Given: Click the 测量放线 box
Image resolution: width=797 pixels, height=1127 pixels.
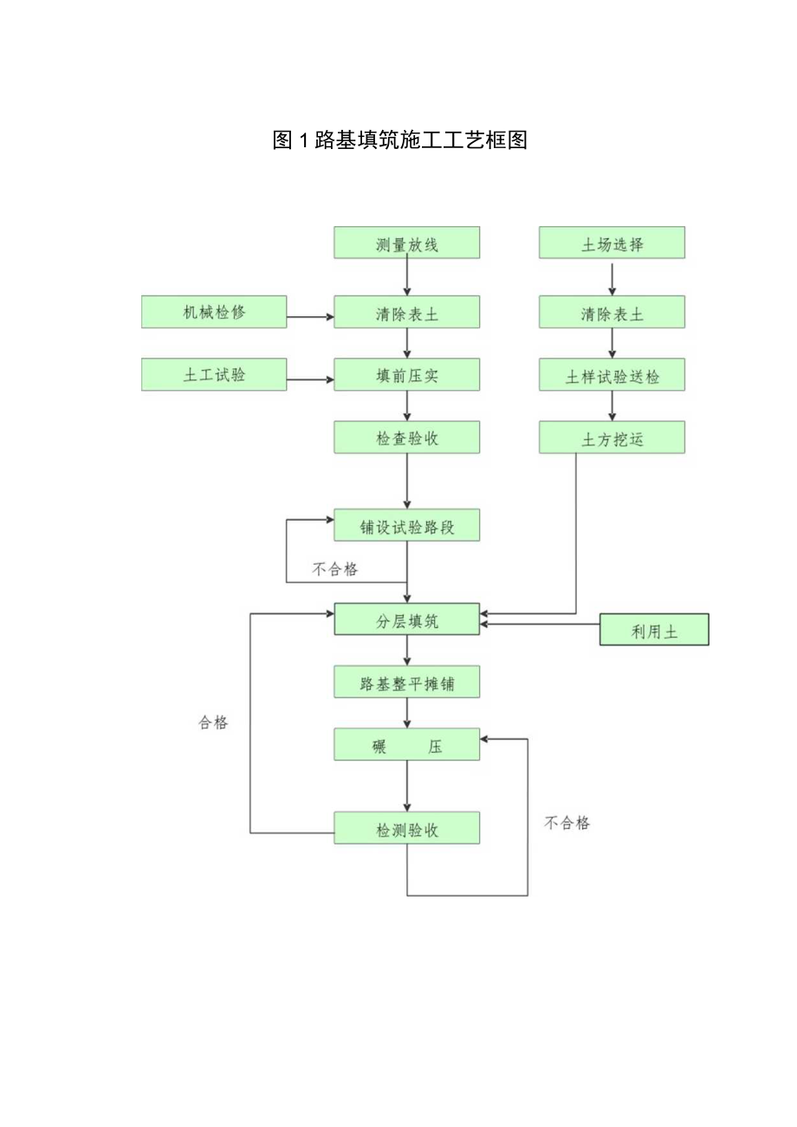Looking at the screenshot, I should [407, 243].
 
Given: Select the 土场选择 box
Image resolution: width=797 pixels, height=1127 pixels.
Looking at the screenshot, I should [612, 243].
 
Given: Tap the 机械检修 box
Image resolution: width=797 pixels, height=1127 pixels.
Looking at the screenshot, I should [214, 312].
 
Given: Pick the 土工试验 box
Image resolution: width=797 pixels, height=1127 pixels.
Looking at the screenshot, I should [214, 374].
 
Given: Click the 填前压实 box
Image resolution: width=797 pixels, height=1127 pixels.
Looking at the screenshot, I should [407, 375].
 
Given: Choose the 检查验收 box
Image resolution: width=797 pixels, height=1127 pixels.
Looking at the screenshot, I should [407, 437].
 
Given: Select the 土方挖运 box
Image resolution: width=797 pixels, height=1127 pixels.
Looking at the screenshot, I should [612, 437].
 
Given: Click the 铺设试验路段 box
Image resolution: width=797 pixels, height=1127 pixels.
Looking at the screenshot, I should [407, 526].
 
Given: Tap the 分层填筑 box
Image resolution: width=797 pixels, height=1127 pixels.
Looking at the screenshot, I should [407, 621].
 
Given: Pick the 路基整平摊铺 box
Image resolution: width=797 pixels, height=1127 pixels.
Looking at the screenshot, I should [407, 683].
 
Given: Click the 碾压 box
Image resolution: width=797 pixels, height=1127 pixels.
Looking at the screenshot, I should [407, 745].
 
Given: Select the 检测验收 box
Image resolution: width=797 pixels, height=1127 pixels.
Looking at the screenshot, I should [407, 828].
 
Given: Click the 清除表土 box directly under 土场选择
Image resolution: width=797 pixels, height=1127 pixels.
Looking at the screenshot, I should [612, 313].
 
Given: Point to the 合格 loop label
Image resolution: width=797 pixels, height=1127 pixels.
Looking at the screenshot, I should [213, 722].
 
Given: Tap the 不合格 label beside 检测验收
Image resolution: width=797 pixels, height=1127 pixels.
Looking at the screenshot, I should [567, 823].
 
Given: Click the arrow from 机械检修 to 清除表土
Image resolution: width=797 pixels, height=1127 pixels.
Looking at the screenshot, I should [310, 317].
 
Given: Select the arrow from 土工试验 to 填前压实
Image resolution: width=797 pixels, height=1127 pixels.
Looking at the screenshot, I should [310, 379].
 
